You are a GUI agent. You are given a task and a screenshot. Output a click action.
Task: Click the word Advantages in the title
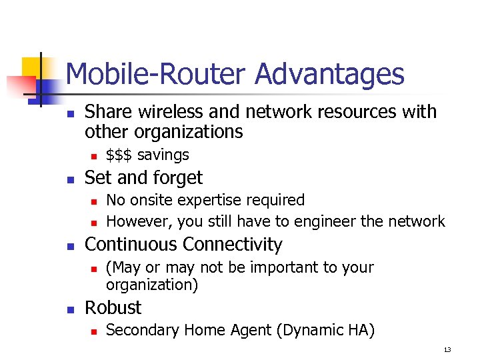[329, 75]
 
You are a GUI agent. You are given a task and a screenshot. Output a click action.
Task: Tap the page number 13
[447, 350]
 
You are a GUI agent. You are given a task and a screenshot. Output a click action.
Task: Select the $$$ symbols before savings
[120, 155]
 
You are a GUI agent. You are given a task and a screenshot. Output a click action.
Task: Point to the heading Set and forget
[144, 178]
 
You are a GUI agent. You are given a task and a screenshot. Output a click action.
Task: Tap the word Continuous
[130, 245]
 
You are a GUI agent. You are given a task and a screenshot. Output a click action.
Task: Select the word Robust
[113, 308]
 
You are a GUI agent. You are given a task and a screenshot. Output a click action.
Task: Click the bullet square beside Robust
[71, 309]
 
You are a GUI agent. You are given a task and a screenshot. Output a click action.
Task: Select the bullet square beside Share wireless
[71, 113]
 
